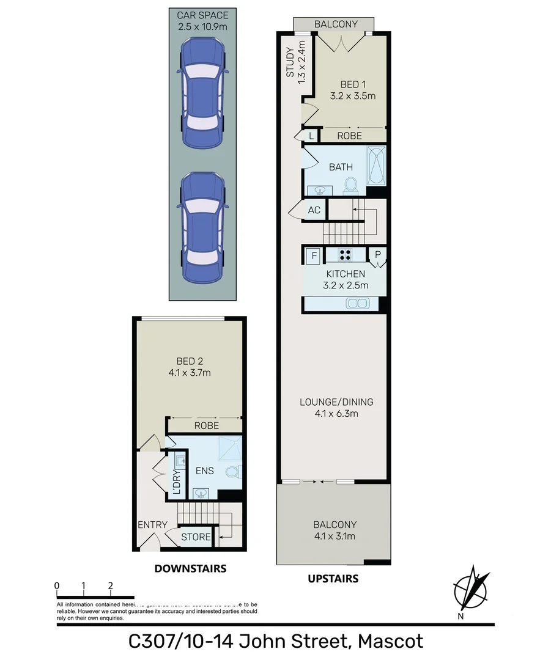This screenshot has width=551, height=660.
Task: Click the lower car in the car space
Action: point(202,227)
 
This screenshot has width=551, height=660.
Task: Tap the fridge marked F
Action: point(314,255)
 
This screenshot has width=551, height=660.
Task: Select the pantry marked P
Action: point(378,255)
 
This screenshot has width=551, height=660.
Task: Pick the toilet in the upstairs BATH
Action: point(351,184)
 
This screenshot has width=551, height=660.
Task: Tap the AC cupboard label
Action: point(314,210)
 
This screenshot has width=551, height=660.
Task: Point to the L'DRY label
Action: point(177,483)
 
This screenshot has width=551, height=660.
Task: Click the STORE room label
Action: point(196,537)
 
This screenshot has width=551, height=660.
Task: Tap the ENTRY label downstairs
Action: point(152,524)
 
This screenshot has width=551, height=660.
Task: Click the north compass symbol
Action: point(471,591)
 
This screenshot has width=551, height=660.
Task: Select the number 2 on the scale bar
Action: point(110,585)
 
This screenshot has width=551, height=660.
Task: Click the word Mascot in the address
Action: point(390,642)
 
